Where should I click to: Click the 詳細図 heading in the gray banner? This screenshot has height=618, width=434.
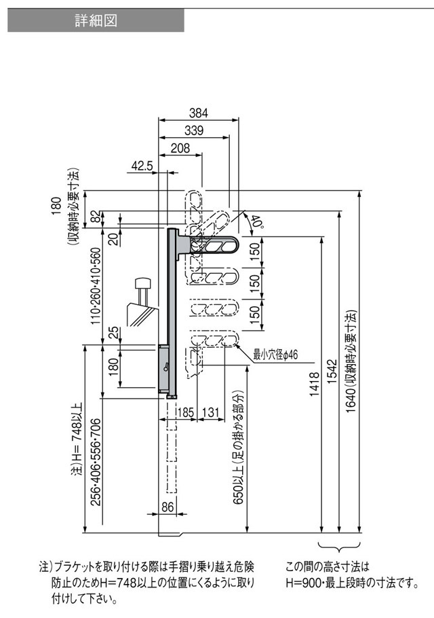tap(96, 20)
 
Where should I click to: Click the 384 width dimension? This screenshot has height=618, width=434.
tap(198, 113)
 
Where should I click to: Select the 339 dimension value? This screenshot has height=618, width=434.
tap(194, 130)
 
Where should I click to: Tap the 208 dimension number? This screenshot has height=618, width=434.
tap(180, 148)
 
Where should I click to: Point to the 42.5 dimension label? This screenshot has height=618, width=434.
tap(142, 166)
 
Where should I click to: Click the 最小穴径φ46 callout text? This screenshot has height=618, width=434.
tap(275, 355)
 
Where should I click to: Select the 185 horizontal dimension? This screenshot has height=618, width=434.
tap(186, 413)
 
